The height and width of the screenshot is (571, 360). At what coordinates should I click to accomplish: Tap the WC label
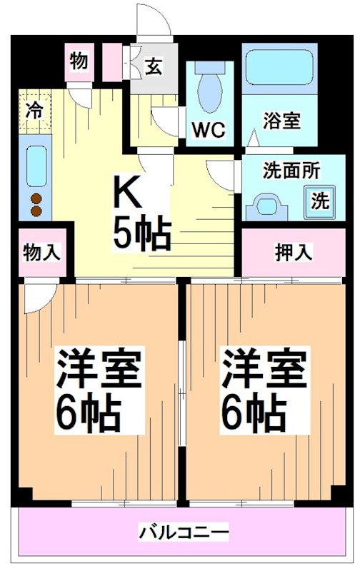point(209,130)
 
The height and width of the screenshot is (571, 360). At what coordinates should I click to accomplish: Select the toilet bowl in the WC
point(209,91)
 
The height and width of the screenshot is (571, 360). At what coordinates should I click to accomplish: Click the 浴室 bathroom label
point(280,119)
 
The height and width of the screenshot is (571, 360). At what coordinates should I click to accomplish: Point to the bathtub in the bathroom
point(279,69)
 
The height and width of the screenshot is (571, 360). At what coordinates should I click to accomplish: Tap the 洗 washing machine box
point(319,201)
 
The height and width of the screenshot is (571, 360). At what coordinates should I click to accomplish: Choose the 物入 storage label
point(41,252)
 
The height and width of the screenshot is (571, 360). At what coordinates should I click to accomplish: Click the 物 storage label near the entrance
point(79,61)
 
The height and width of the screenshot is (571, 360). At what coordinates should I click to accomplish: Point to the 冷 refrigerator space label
point(34,110)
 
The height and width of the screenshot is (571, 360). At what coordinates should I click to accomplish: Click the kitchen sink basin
point(36,164)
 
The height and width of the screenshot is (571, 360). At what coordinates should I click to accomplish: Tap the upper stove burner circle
point(36,198)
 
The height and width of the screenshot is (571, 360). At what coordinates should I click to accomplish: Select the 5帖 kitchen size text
point(141,233)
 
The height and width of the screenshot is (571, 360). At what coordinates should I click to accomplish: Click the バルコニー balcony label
point(184,532)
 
